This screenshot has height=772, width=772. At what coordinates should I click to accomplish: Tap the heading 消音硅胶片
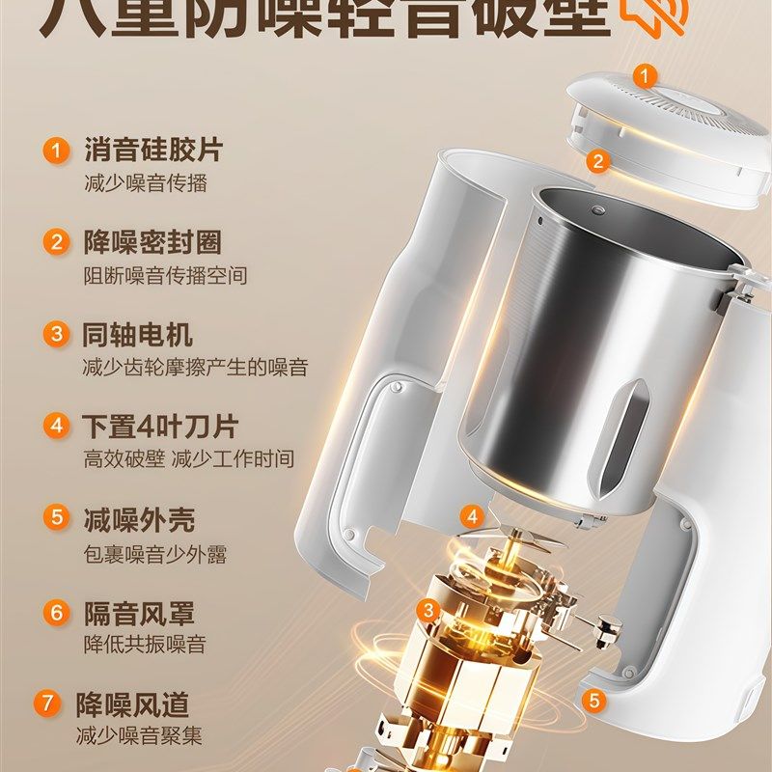[152, 151]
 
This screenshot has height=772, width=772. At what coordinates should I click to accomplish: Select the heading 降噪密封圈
[152, 242]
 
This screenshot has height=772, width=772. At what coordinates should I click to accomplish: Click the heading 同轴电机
[138, 335]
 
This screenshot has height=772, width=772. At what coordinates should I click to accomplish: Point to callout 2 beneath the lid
[598, 161]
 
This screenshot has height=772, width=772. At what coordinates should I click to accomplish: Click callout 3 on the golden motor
[428, 609]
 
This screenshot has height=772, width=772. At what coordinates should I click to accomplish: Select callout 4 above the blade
[472, 516]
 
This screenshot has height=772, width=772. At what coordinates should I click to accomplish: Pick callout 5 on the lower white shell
[594, 700]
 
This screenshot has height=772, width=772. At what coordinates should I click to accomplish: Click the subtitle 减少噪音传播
[145, 183]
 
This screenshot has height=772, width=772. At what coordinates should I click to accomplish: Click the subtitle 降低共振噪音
[145, 645]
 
